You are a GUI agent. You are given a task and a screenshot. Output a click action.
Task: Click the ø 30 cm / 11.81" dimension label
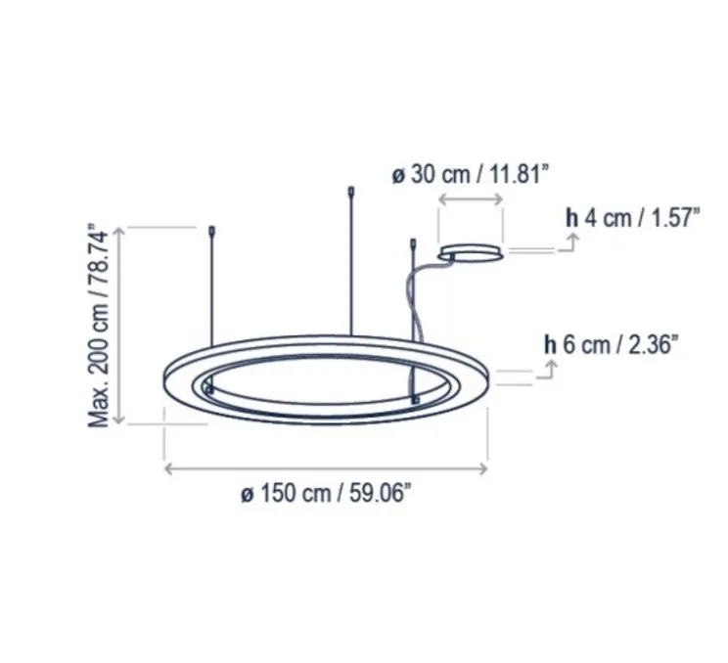(x=471, y=176)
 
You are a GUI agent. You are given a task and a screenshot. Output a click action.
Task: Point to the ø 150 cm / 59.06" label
(x=327, y=495)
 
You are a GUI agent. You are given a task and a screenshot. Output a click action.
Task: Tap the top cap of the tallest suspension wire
(x=351, y=192)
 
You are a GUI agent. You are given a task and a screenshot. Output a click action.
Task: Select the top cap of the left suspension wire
(x=212, y=233)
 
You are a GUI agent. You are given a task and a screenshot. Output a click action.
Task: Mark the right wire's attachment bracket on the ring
(x=416, y=400)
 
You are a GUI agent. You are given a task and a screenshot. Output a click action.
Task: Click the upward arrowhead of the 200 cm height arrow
(x=119, y=231)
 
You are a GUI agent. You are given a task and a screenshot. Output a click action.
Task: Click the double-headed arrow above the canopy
(x=471, y=200)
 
